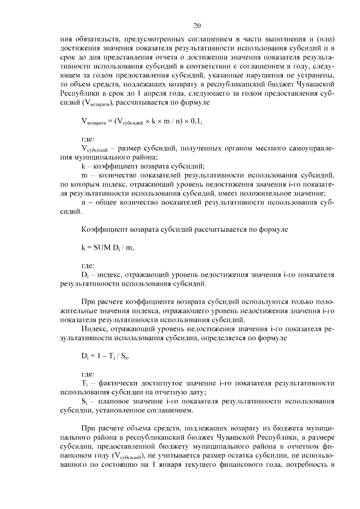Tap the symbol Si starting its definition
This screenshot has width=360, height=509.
point(84,402)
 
